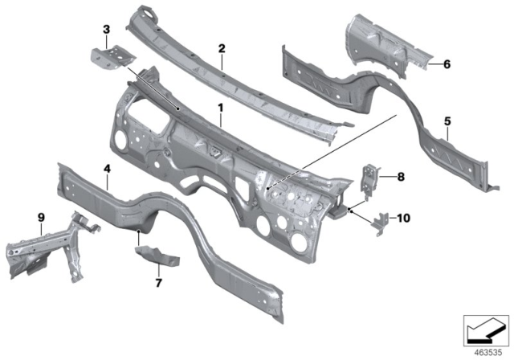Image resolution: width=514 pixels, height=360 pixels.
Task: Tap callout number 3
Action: coord(106,31)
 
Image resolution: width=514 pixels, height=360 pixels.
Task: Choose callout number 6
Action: coord(447,63)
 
